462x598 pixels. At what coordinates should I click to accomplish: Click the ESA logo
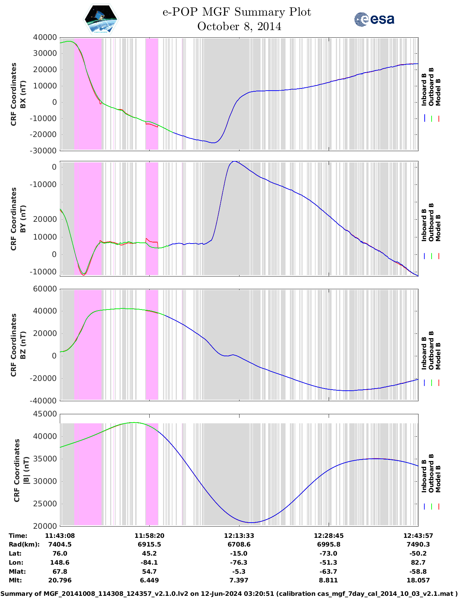374,19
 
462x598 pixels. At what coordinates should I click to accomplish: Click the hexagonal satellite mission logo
101,19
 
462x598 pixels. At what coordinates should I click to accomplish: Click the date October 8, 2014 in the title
239,26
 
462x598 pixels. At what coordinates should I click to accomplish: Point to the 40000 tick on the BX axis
45,37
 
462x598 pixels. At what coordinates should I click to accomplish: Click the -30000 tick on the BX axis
45,151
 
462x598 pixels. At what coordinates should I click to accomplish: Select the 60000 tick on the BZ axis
45,289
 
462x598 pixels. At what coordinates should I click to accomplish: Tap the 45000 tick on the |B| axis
45,414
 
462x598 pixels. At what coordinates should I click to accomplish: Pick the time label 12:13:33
239,536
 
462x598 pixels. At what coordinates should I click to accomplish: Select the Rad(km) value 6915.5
149,544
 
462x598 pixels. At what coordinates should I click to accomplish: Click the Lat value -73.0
328,553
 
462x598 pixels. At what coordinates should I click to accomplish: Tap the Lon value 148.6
60,562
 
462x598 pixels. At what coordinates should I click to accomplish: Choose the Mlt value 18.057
418,580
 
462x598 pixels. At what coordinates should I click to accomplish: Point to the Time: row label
18,536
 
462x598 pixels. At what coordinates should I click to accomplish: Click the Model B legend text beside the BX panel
438,92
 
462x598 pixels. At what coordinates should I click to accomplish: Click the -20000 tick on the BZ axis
45,378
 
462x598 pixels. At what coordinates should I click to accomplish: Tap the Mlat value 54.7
149,572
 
